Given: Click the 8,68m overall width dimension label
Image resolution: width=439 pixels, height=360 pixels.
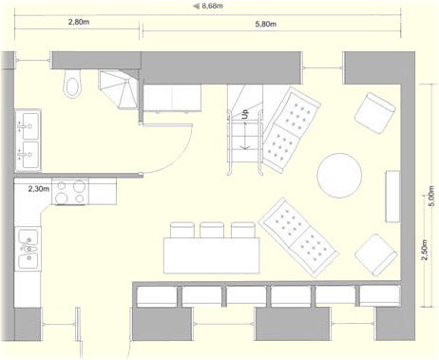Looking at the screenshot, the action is pyautogui.click(x=212, y=6).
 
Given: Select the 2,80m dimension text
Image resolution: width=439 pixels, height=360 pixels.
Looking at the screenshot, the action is pyautogui.click(x=79, y=22).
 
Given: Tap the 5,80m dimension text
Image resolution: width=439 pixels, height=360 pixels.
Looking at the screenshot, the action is pyautogui.click(x=266, y=24).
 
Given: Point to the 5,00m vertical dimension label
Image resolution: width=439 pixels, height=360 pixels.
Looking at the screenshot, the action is pyautogui.click(x=431, y=196).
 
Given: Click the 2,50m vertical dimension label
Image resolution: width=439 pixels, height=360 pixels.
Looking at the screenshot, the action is pyautogui.click(x=424, y=250).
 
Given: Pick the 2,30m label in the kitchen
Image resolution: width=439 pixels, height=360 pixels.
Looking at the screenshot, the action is pyautogui.click(x=39, y=189).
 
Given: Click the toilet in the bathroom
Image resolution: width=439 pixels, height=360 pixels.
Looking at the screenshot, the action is pyautogui.click(x=72, y=84).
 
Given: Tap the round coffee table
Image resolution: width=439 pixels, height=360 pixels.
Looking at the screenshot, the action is pyautogui.click(x=339, y=176).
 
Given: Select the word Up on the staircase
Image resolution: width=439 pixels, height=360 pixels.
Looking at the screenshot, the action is pyautogui.click(x=245, y=114).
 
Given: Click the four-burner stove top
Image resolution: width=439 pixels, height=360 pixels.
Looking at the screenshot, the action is pyautogui.click(x=70, y=192).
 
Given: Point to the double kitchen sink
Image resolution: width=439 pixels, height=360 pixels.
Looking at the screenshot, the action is pyautogui.click(x=29, y=249).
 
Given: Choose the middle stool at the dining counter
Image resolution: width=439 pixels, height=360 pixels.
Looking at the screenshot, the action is pyautogui.click(x=212, y=230).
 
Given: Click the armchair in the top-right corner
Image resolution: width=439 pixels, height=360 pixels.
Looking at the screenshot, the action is pyautogui.click(x=375, y=113).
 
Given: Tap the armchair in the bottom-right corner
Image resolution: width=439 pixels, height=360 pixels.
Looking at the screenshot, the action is pyautogui.click(x=375, y=256).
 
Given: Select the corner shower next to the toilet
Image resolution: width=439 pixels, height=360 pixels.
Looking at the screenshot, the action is pyautogui.click(x=119, y=89).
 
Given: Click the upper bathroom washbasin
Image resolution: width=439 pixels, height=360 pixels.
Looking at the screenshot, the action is pyautogui.click(x=29, y=125).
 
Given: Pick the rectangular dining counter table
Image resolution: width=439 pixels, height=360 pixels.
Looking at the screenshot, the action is pyautogui.click(x=212, y=256).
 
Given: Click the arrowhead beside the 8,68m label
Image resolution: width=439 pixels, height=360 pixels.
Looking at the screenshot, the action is pyautogui.click(x=197, y=6).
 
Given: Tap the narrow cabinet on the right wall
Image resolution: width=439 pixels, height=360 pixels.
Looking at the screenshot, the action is pyautogui.click(x=392, y=197).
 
